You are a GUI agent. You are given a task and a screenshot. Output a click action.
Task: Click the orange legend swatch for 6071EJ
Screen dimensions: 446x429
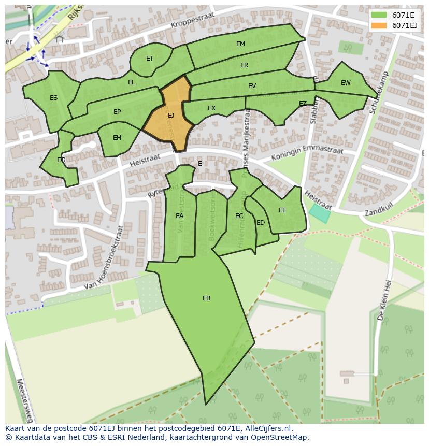(x=379, y=25)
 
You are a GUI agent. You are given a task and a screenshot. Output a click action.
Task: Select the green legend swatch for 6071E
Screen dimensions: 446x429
(x=379, y=15)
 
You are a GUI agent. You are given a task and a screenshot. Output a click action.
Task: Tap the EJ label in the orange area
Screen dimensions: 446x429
(x=171, y=116)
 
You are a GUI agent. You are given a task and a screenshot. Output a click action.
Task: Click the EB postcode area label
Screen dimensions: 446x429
(x=206, y=298)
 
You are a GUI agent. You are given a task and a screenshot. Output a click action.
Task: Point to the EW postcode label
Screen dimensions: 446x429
(x=346, y=83)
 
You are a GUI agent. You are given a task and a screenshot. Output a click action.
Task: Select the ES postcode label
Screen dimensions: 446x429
(x=53, y=98)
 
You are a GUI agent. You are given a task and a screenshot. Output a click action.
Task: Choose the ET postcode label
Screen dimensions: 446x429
(x=150, y=59)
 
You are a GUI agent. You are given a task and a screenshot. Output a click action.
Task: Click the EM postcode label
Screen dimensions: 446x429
(x=240, y=44)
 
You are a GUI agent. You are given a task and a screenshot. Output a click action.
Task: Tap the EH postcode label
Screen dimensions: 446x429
(x=117, y=138)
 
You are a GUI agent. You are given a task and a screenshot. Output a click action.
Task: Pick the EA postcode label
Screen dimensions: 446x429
(x=179, y=216)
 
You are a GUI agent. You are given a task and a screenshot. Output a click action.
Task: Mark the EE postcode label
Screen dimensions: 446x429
(x=282, y=210)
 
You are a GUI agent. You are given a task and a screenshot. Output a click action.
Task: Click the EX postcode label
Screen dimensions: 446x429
(x=211, y=108)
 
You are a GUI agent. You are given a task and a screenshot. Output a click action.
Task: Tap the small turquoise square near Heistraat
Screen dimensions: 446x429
(x=320, y=213)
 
